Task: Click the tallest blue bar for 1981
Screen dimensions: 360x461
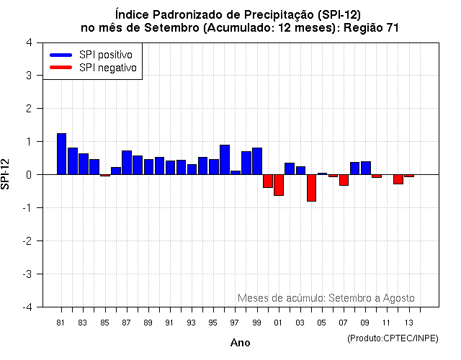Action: (61, 154)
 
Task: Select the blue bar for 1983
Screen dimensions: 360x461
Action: (84, 164)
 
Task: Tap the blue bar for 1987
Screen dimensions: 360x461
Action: (127, 163)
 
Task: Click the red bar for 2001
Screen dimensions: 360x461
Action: (279, 185)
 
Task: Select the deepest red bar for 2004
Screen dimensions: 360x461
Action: (311, 188)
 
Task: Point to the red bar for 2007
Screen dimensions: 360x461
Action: (344, 180)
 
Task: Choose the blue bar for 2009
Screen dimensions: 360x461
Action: (366, 168)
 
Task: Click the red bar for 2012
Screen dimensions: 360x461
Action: (398, 179)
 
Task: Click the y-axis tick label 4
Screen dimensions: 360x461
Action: (28, 42)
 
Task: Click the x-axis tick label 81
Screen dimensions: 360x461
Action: (61, 323)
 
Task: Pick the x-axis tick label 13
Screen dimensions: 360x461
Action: (409, 323)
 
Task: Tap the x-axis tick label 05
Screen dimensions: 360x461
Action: (322, 323)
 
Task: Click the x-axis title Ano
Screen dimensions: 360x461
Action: (240, 343)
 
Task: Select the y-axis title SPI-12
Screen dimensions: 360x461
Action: (6, 174)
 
